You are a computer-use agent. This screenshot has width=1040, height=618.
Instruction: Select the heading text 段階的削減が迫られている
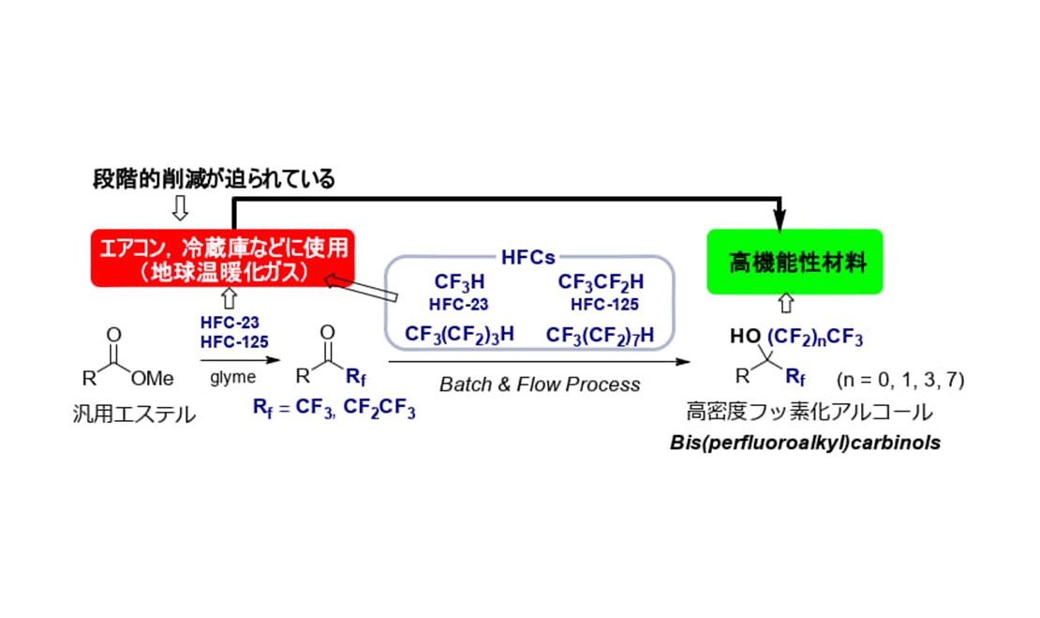pyautogui.click(x=215, y=179)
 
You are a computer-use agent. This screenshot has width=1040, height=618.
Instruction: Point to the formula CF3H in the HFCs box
pyautogui.click(x=459, y=281)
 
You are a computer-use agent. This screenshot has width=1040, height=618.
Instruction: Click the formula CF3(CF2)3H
pyautogui.click(x=459, y=334)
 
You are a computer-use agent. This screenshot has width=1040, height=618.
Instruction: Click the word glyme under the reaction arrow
pyautogui.click(x=239, y=376)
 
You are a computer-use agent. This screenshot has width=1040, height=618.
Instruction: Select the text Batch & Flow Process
pyautogui.click(x=540, y=384)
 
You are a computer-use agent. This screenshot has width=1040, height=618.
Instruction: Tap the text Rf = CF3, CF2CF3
pyautogui.click(x=334, y=409)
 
